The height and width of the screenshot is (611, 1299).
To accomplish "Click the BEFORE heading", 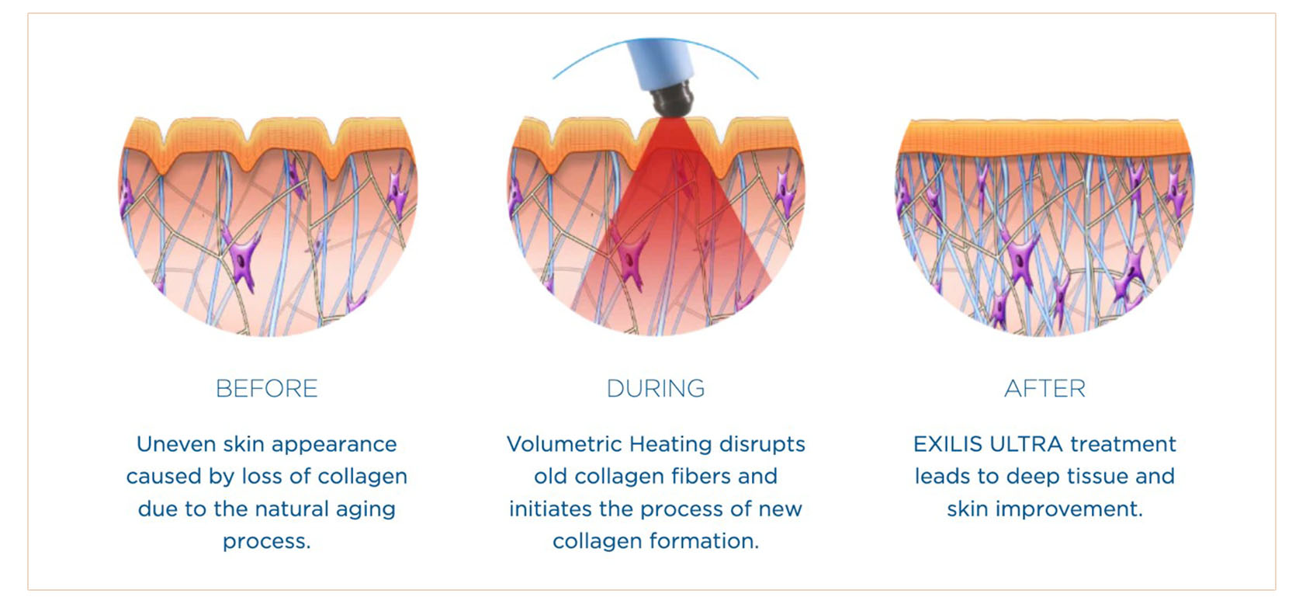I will (266, 388).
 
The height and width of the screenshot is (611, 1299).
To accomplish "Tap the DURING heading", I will (656, 388).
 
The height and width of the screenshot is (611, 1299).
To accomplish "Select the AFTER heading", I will (1044, 388).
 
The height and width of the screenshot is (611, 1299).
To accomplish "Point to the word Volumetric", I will (564, 444).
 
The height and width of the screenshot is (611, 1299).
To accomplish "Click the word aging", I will (365, 509).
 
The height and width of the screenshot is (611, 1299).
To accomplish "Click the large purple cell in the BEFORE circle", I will (242, 256).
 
